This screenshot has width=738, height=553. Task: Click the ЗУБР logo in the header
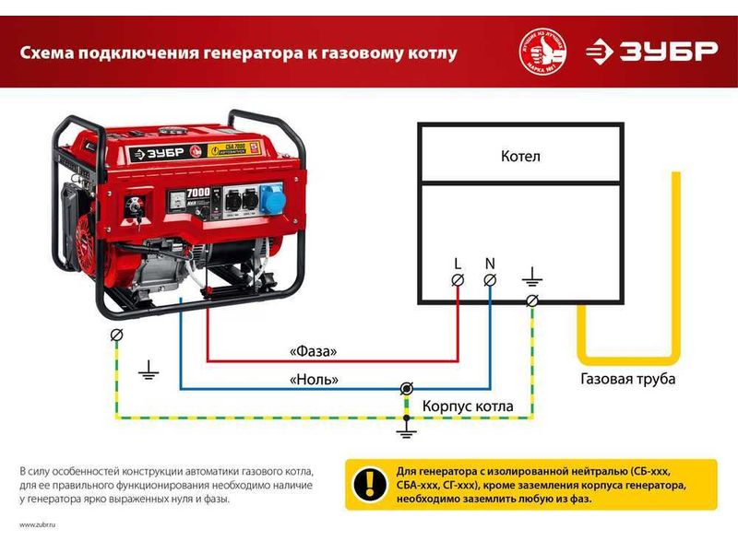[651, 51]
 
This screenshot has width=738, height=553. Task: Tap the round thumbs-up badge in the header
[543, 52]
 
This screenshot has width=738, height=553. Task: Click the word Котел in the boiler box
[520, 157]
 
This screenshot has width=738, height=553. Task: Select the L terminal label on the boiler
[458, 264]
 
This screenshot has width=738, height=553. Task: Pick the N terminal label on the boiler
[490, 264]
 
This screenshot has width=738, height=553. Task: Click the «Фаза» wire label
[312, 351]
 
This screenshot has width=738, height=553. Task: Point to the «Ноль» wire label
[314, 379]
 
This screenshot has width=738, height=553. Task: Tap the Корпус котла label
[468, 406]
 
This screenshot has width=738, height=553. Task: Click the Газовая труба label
[627, 379]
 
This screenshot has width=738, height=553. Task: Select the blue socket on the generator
[271, 195]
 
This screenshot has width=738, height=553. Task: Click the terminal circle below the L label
[458, 280]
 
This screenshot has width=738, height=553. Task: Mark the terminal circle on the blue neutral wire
[406, 390]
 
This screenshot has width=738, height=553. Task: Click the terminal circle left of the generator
[116, 334]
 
